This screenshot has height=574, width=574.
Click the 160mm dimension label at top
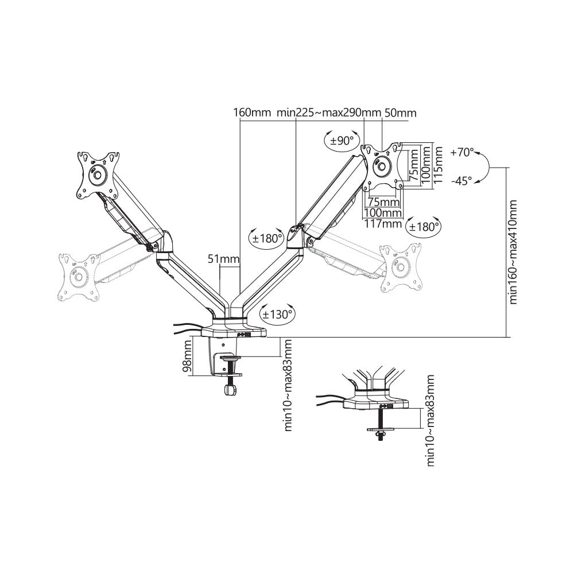pyautogui.click(x=251, y=113)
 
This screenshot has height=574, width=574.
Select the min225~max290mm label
pyautogui.click(x=329, y=113)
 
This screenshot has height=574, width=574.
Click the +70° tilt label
pyautogui.click(x=462, y=153)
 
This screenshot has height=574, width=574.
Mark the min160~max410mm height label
pyautogui.click(x=513, y=253)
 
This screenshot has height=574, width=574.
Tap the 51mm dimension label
pyautogui.click(x=223, y=259)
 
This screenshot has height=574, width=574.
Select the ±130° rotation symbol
pyautogui.click(x=277, y=313)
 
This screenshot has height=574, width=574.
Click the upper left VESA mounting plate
pyautogui.click(x=98, y=174)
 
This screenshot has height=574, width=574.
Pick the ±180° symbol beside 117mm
pyautogui.click(x=424, y=226)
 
